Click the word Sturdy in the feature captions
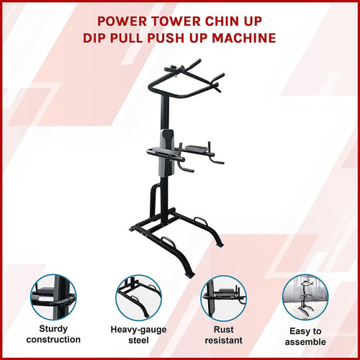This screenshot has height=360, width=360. [53, 328]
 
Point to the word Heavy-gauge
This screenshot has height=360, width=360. [138, 328]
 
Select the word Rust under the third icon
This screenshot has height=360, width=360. [222, 328]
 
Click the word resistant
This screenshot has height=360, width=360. [222, 340]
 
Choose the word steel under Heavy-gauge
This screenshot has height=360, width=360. [138, 340]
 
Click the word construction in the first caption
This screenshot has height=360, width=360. [53, 340]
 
